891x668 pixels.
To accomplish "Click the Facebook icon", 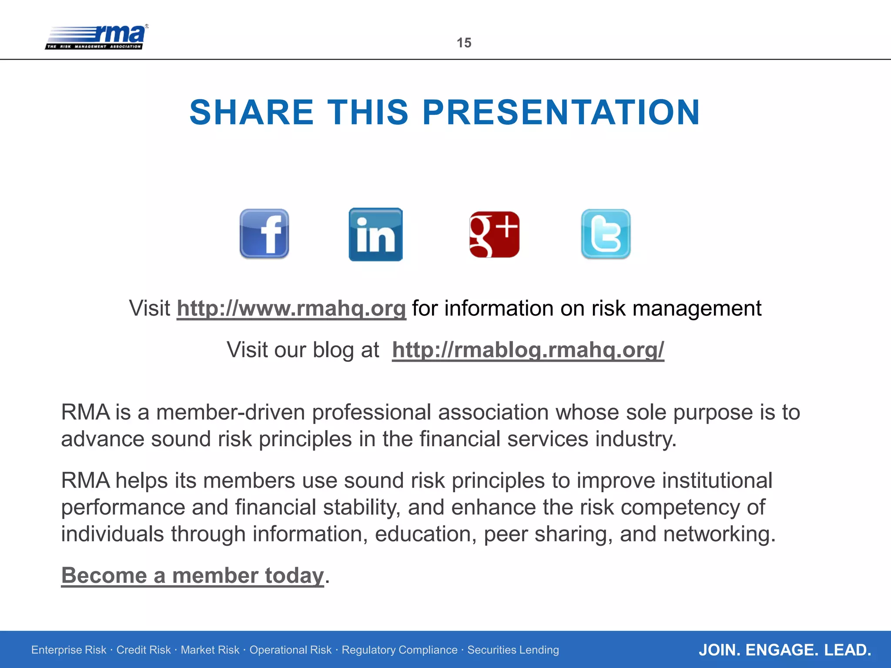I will point(264,234).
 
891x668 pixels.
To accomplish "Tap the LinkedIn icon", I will point(375,234).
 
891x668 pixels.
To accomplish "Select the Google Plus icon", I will point(494,234).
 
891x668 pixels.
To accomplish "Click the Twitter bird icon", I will point(606,234).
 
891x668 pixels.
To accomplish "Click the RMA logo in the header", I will point(97,37).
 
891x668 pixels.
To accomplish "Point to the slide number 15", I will point(464,43).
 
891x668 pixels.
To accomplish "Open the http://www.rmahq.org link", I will point(291,308).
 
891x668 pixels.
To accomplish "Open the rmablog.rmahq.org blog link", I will point(528,350).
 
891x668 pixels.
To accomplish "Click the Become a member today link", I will point(192,575).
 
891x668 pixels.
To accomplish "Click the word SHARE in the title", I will point(251,112).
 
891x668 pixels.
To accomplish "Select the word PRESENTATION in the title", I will point(561,112).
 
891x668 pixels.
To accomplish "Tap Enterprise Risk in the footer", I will point(69,650).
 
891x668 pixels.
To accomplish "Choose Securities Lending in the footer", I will point(513,650).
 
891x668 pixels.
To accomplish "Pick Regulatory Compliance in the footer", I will point(399,650).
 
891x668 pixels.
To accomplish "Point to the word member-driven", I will point(231,412).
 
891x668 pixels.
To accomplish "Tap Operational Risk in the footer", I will point(290,650).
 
